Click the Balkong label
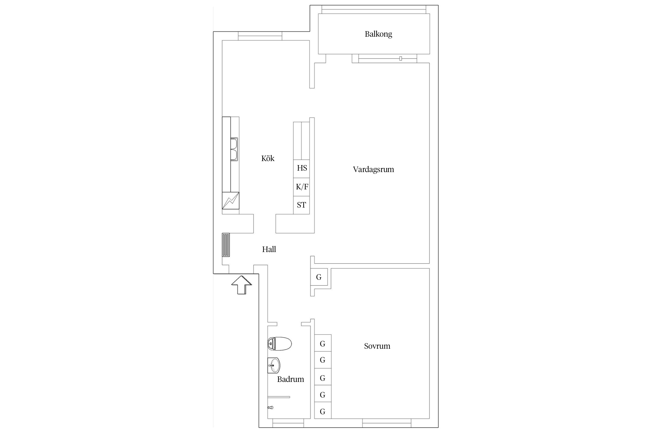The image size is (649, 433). (378, 34)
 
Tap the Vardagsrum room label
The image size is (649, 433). (373, 169)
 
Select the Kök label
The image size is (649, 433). (268, 158)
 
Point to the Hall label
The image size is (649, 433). (269, 249)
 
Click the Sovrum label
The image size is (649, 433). (377, 346)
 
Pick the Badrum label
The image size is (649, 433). (290, 379)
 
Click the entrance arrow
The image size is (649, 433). (241, 285)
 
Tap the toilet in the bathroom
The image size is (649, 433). (280, 344)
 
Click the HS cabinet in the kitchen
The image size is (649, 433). (301, 169)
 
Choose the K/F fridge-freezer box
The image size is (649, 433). (301, 187)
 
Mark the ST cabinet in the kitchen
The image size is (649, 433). (301, 205)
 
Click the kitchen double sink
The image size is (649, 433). (234, 149)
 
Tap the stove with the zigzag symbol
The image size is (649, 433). (230, 200)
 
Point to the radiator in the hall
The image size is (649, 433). (226, 245)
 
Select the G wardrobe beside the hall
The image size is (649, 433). (319, 277)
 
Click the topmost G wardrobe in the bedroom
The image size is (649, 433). (323, 343)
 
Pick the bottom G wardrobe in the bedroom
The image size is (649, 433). (323, 410)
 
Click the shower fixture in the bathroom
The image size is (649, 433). (270, 408)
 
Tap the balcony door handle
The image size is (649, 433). (401, 58)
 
